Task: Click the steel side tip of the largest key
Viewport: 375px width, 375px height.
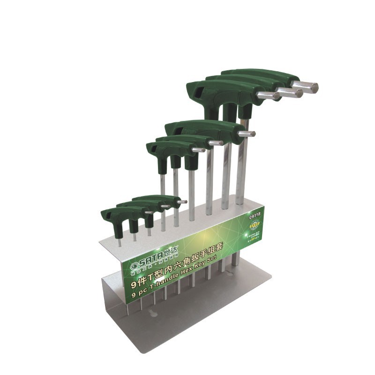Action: click(310, 87)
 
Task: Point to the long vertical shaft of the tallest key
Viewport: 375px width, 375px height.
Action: click(241, 159)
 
